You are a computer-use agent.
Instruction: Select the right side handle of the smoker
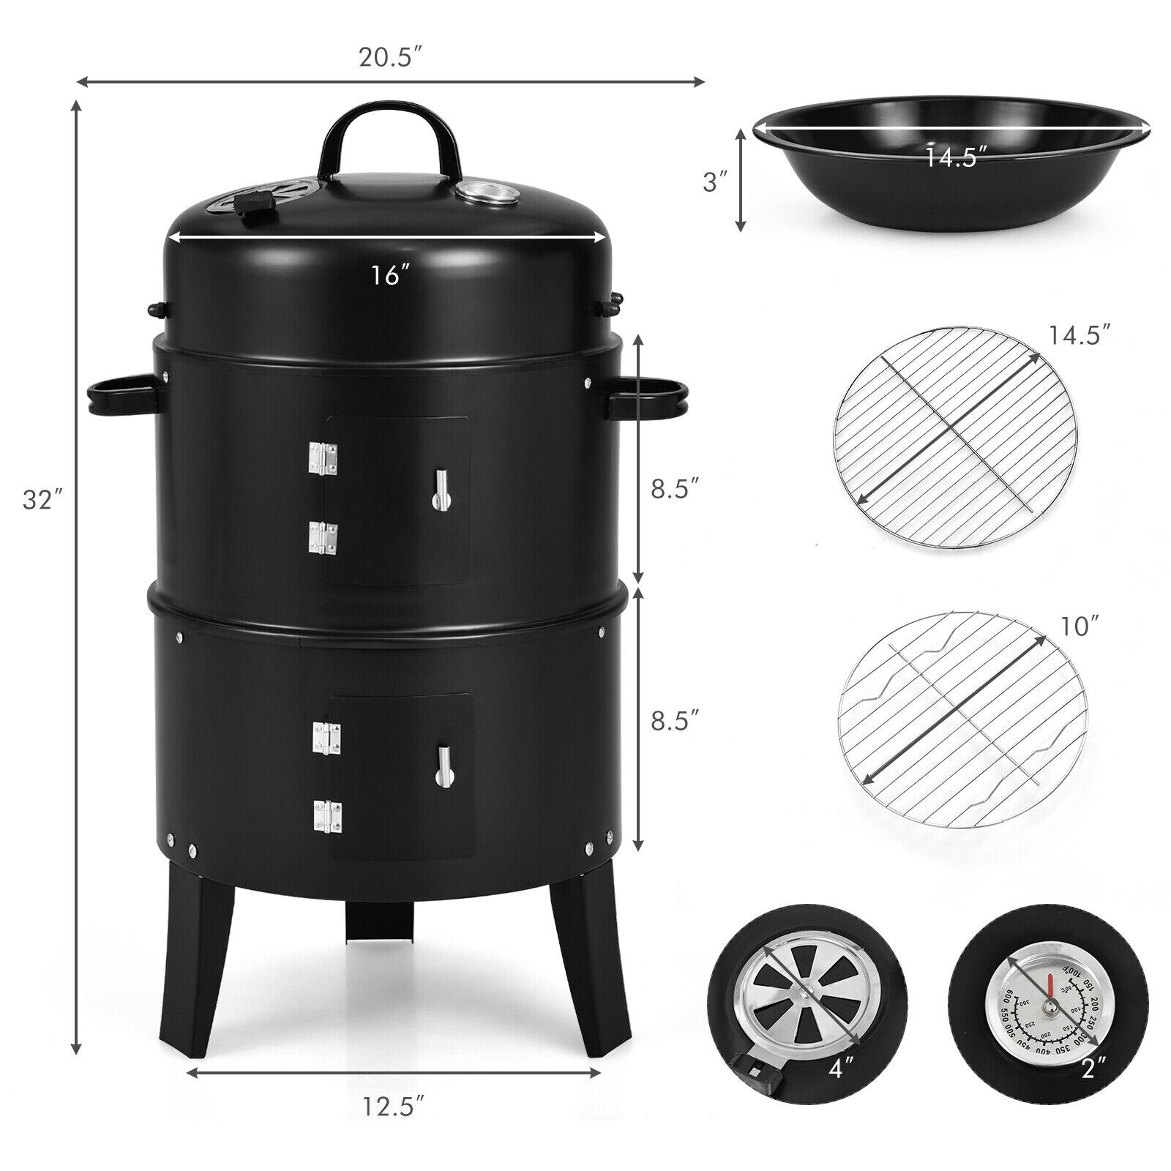[x=650, y=393]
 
